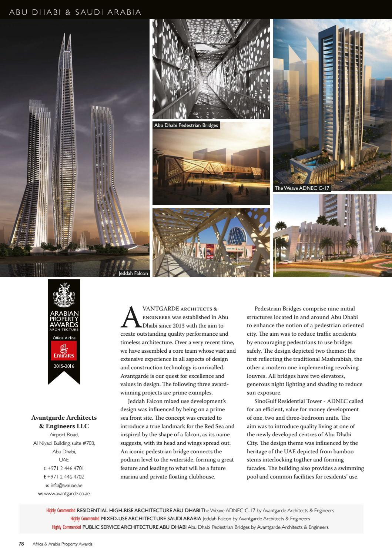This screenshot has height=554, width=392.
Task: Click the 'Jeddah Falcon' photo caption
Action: click(x=133, y=273)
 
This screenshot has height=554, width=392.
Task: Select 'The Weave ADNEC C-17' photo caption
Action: click(x=302, y=188)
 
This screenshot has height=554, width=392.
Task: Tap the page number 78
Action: click(x=21, y=544)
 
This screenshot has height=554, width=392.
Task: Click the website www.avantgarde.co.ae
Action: click(x=67, y=494)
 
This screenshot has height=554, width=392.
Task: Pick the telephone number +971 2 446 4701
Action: click(x=66, y=468)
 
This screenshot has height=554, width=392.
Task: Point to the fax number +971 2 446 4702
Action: click(x=66, y=477)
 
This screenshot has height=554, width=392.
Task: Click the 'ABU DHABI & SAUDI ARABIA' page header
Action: click(x=75, y=12)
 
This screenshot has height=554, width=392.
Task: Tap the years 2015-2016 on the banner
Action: click(x=64, y=366)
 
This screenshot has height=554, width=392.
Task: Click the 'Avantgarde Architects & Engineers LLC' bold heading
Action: click(x=64, y=422)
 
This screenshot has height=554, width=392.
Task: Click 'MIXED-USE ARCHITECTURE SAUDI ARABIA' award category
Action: click(x=151, y=519)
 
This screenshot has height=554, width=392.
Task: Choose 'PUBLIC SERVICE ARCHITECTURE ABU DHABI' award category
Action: click(x=134, y=527)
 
